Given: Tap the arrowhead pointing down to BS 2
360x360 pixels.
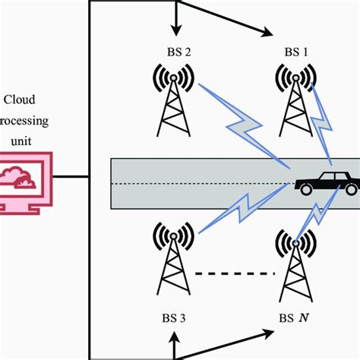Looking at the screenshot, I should pos(175,30).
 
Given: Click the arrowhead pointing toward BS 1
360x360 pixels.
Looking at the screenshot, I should pos(266,32).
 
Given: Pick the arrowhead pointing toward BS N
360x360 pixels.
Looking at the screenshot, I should pos(267,332).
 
